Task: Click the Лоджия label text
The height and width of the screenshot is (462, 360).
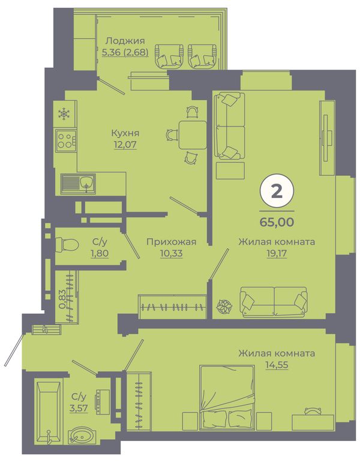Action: pyautogui.click(x=125, y=40)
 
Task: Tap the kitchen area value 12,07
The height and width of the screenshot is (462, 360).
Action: pyautogui.click(x=125, y=145)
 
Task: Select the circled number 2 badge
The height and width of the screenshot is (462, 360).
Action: pyautogui.click(x=277, y=192)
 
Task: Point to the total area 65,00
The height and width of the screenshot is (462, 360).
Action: pyautogui.click(x=277, y=222)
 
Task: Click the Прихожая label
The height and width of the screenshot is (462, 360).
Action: pyautogui.click(x=171, y=242)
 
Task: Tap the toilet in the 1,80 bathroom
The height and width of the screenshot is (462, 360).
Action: pyautogui.click(x=67, y=244)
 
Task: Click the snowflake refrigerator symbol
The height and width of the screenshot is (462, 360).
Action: pyautogui.click(x=64, y=114)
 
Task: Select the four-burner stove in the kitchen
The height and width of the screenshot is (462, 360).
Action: pyautogui.click(x=65, y=140)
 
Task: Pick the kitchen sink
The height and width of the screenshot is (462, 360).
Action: pyautogui.click(x=78, y=184)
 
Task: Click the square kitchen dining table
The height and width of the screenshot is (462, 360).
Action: pyautogui.click(x=193, y=135)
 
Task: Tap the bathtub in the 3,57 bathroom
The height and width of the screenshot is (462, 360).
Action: pyautogui.click(x=49, y=412)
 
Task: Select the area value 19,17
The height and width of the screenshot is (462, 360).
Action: pyautogui.click(x=277, y=254)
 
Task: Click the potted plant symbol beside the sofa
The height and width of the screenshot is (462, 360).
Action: pyautogui.click(x=224, y=307)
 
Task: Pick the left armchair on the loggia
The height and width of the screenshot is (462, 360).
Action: pyautogui.click(x=169, y=55)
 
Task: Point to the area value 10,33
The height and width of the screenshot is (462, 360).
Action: pyautogui.click(x=171, y=253)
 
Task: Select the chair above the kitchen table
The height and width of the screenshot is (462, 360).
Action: pyautogui.click(x=193, y=112)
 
